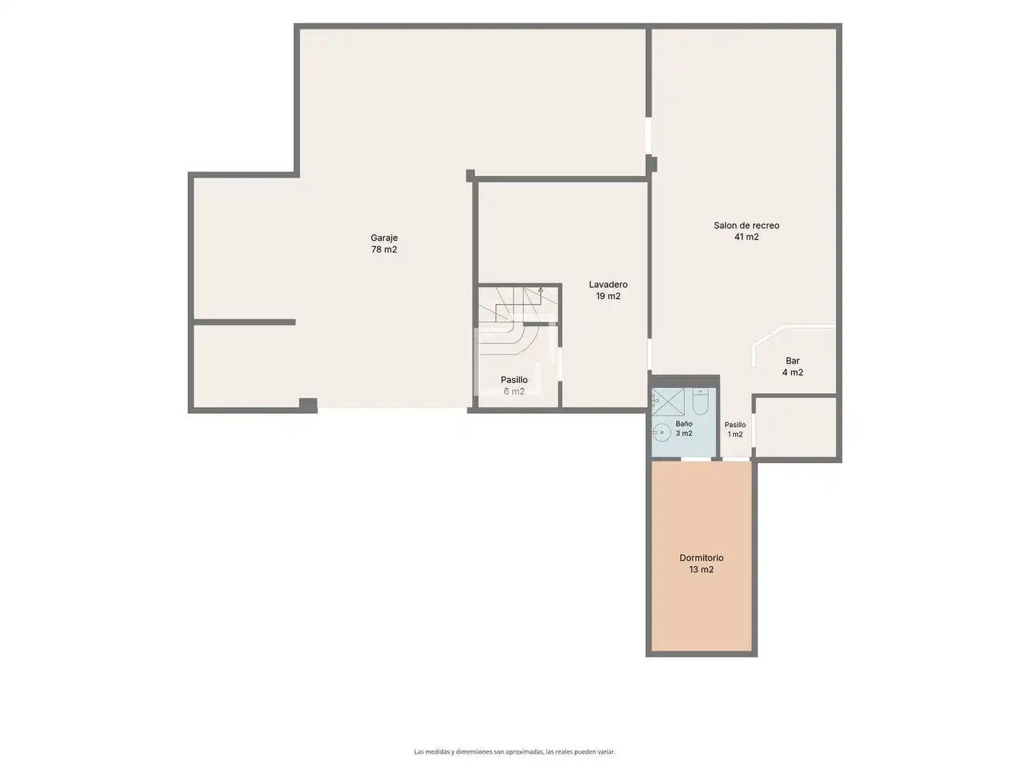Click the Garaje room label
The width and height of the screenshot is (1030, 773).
pos(384,238)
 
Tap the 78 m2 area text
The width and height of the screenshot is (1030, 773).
pos(384,250)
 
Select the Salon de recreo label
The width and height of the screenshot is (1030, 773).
pos(746,225)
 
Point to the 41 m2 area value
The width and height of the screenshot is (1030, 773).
pos(746,237)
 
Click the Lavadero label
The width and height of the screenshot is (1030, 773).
pos(608,284)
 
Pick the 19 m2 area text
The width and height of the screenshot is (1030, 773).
pos(608,296)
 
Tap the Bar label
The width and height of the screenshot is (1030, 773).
pos(793,361)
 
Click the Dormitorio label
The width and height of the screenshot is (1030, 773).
pos(702,558)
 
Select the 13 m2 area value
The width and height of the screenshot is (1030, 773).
pos(702,570)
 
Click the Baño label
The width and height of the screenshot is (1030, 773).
pos(684,424)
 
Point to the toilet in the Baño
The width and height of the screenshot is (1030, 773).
pos(700,402)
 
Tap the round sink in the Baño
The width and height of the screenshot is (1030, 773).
pos(662,432)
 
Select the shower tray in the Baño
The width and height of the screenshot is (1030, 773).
pos(668,402)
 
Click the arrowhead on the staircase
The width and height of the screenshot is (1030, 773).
pos(541,290)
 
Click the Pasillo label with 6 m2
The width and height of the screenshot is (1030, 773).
pos(514,379)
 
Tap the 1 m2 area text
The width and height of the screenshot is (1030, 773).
pos(735,434)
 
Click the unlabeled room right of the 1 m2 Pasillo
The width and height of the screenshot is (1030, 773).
pos(796,427)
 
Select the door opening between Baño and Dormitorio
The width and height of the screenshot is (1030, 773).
pos(696,459)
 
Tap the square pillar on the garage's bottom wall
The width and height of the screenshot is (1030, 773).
pos(308,405)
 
